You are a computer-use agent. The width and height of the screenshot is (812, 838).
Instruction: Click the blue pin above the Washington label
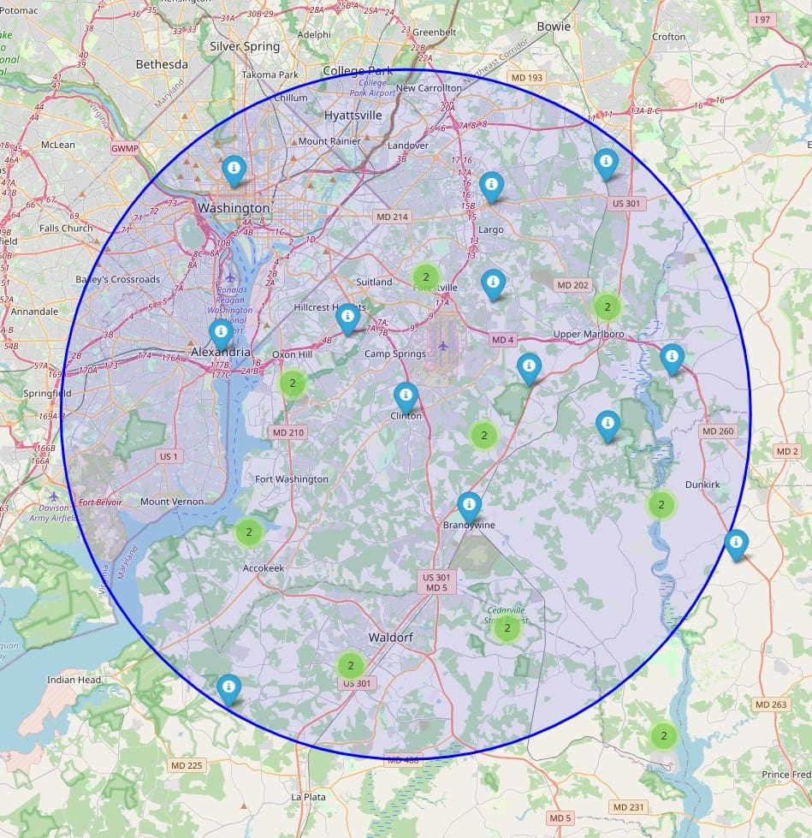pos(233,169)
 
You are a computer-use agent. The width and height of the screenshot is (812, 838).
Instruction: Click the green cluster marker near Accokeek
pos(249,532)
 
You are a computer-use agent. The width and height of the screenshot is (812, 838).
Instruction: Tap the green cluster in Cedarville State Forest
pos(507,629)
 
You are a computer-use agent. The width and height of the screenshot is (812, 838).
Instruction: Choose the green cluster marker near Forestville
pos(425,276)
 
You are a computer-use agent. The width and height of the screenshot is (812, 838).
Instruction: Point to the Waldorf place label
pos(391,638)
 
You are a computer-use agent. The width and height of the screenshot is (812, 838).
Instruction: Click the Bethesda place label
pos(162,65)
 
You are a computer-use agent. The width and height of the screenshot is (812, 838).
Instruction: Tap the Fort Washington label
pos(292,479)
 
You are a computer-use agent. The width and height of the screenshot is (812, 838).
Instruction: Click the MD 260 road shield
pos(718,431)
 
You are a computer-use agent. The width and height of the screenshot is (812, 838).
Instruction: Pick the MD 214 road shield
pos(391,217)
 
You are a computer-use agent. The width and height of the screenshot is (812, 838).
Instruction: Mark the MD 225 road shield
pos(187,765)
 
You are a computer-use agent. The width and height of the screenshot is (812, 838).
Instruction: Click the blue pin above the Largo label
pos(491,186)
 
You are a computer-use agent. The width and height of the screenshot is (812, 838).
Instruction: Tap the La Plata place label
pos(308,797)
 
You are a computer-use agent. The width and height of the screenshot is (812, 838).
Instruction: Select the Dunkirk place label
pos(702,484)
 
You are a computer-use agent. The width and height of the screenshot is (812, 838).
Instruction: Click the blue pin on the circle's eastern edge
pos(736,544)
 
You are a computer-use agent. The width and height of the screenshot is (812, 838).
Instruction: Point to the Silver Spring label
pos(245,46)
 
